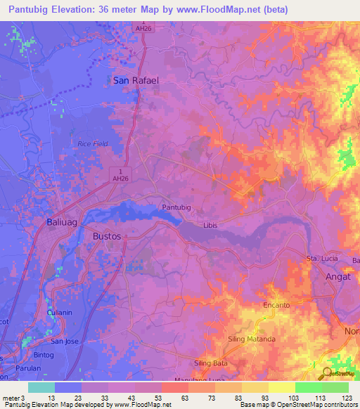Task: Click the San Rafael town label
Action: pos(136,81)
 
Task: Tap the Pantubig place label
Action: pos(176,208)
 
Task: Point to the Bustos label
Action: pos(107,237)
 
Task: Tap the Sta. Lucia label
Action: pos(321,259)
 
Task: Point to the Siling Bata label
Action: pos(211,363)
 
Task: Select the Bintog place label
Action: pos(44,356)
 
